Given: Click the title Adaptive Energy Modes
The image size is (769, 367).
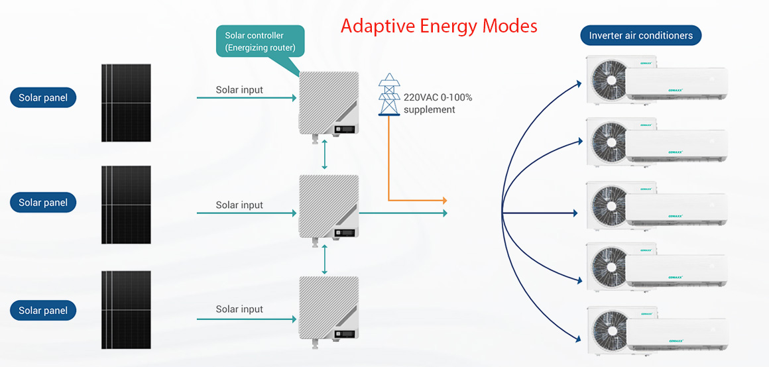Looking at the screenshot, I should point(439,26).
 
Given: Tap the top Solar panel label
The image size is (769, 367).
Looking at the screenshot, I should point(43,98).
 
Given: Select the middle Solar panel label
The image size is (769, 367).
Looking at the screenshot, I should point(43,202).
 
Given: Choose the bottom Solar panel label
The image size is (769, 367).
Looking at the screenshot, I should point(43,310).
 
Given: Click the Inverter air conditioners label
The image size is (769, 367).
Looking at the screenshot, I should point(640,35).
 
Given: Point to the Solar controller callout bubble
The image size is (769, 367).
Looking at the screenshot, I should point(260,41).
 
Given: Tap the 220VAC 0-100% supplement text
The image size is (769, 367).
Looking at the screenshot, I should point(438,103).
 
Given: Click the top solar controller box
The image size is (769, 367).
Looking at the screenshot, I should point(329,102).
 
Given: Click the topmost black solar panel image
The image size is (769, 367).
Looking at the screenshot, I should point(126,102).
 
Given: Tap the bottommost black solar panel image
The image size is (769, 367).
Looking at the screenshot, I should point(126,309).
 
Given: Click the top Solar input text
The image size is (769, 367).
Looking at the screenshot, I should point(239,89).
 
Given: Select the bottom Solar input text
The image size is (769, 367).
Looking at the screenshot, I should point(239,309).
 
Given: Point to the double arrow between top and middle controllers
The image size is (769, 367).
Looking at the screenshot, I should point(324,154).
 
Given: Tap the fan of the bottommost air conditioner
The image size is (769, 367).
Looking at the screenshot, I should point(609,329).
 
